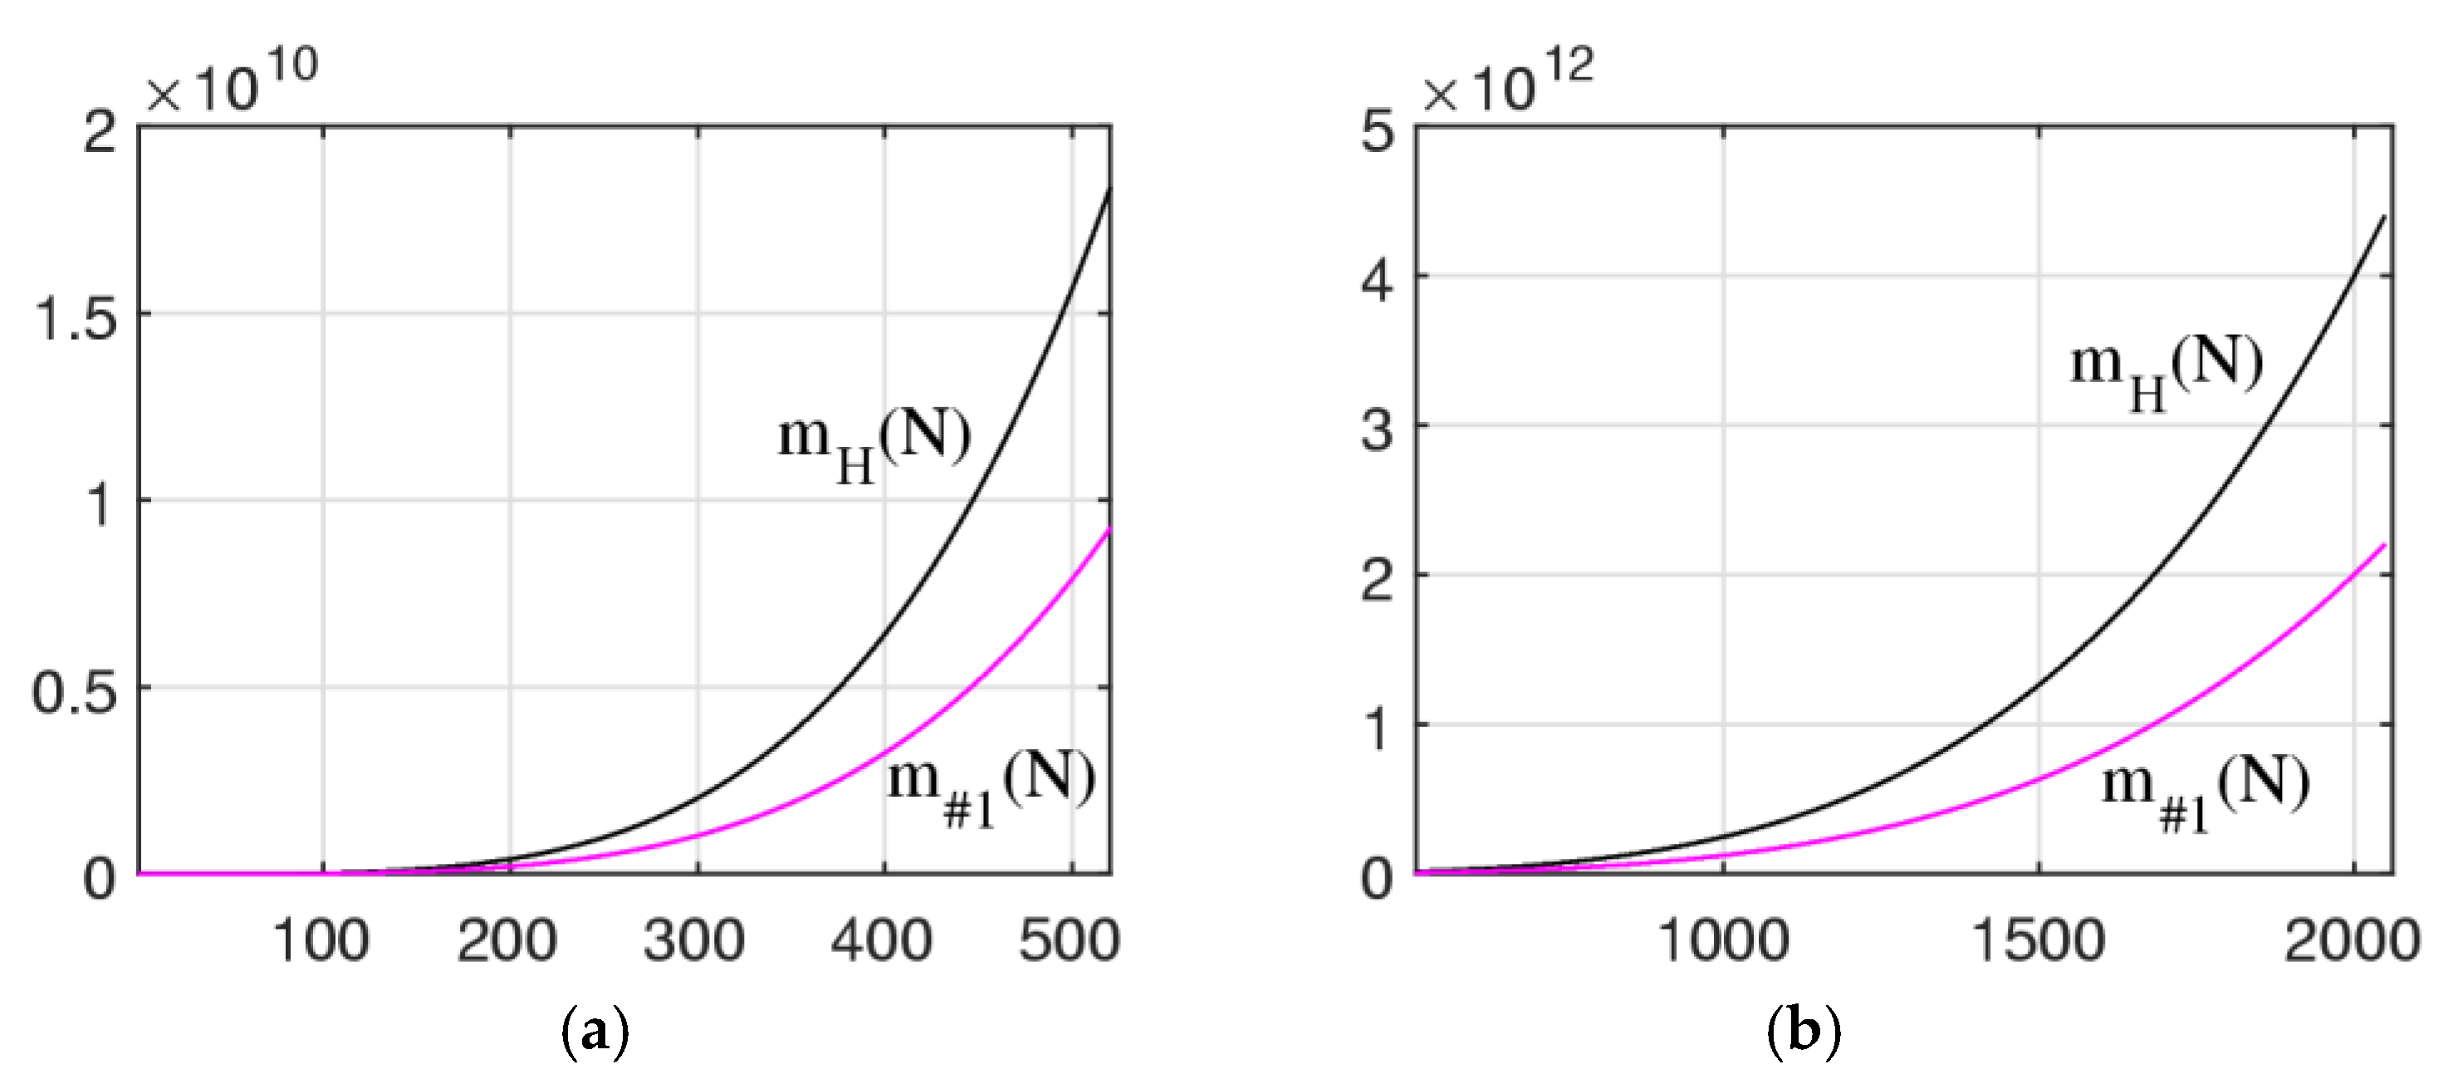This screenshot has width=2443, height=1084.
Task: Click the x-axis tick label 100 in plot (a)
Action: [x=321, y=942]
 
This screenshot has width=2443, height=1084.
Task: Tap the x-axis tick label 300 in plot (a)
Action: [x=694, y=942]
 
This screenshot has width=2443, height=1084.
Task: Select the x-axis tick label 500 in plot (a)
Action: [x=1069, y=942]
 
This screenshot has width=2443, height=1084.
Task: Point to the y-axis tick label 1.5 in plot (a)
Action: [x=76, y=316]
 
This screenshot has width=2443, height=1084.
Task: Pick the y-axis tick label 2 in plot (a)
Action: [x=100, y=131]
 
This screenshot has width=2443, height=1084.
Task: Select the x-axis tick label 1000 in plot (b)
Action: [x=1723, y=942]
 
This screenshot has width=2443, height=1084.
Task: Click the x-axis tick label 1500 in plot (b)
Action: [x=2038, y=942]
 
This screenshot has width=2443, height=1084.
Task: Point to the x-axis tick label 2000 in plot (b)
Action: [x=2352, y=942]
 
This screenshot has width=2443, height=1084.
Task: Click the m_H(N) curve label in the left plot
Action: [x=874, y=444]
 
